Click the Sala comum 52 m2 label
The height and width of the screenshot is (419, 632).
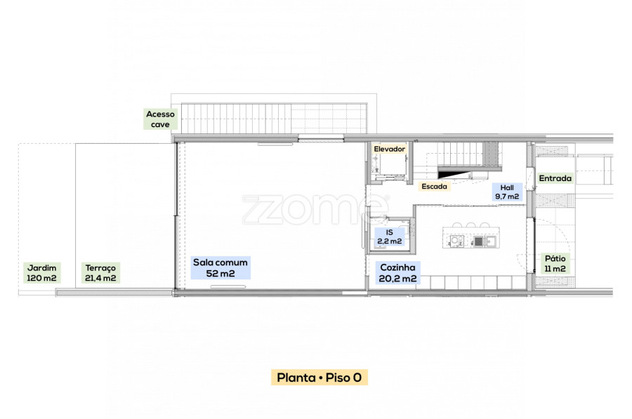click(220, 267)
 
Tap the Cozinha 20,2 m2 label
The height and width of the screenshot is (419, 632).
click(398, 273)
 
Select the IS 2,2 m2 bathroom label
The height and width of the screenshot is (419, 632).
click(389, 237)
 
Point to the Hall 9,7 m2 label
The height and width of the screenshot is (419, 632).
click(507, 192)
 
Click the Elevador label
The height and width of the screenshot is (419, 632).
click(389, 149)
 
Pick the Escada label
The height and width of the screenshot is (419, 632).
click(434, 187)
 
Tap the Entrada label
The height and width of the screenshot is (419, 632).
click(555, 178)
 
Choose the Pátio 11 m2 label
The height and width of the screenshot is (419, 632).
click(555, 263)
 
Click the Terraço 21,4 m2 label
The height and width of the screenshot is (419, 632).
click(100, 273)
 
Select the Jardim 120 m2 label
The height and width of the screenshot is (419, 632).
click(42, 273)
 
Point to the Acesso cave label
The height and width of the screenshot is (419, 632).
click(160, 119)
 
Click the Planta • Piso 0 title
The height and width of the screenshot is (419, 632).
click(320, 378)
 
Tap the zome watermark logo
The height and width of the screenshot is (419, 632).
click(315, 209)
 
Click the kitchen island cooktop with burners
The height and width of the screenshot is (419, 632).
click(456, 241)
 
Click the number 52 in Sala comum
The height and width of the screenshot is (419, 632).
click(212, 274)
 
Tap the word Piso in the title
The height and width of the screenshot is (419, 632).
click(338, 378)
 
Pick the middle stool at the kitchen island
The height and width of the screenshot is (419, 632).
click(470, 225)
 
